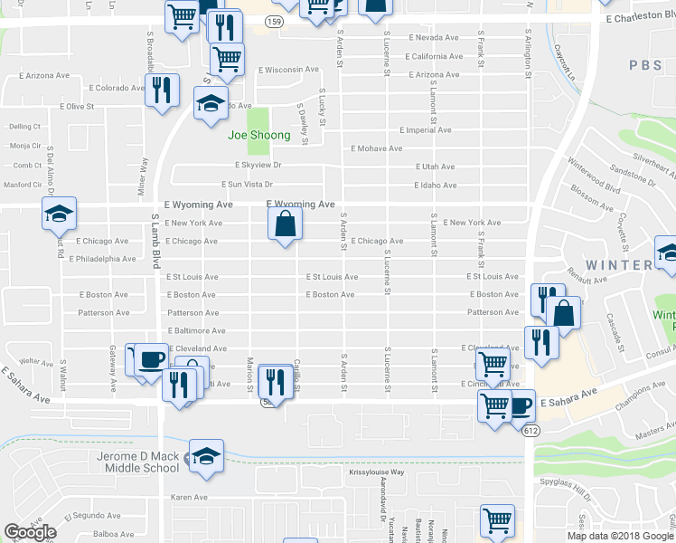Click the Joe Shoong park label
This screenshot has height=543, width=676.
(259, 136)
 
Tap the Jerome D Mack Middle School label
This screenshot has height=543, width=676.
(136, 462)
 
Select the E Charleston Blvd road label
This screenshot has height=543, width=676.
(637, 18)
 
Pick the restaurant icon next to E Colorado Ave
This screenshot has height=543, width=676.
(162, 91)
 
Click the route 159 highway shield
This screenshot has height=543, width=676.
(275, 22)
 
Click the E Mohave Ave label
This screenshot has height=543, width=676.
(378, 148)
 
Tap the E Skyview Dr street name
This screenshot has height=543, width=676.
(258, 166)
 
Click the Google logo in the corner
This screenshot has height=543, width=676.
(31, 532)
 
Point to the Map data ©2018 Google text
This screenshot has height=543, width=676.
(620, 536)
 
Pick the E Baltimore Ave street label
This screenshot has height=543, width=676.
(196, 331)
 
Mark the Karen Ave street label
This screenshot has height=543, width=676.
(190, 498)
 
